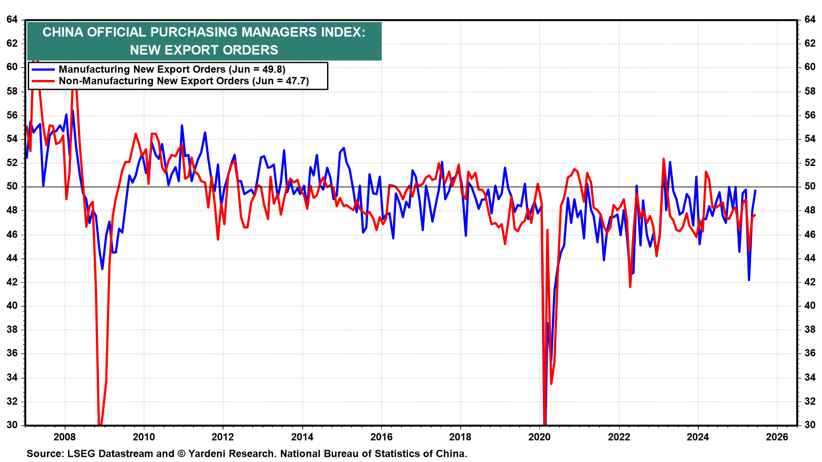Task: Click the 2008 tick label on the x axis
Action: pyautogui.click(x=65, y=437)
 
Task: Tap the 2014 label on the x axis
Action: pyautogui.click(x=302, y=437)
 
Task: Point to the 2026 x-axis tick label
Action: pyautogui.click(x=777, y=437)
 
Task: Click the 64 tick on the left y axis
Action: pyautogui.click(x=12, y=19)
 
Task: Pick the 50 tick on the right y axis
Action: pyautogui.click(x=810, y=187)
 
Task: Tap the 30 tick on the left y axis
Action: pyautogui.click(x=12, y=425)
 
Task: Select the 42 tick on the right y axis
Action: pyautogui.click(x=810, y=282)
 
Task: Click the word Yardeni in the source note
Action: pyautogui.click(x=207, y=453)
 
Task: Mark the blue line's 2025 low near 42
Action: pyautogui.click(x=749, y=280)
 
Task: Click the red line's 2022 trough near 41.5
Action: pyautogui.click(x=630, y=287)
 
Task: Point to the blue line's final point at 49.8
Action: pyautogui.click(x=755, y=190)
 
